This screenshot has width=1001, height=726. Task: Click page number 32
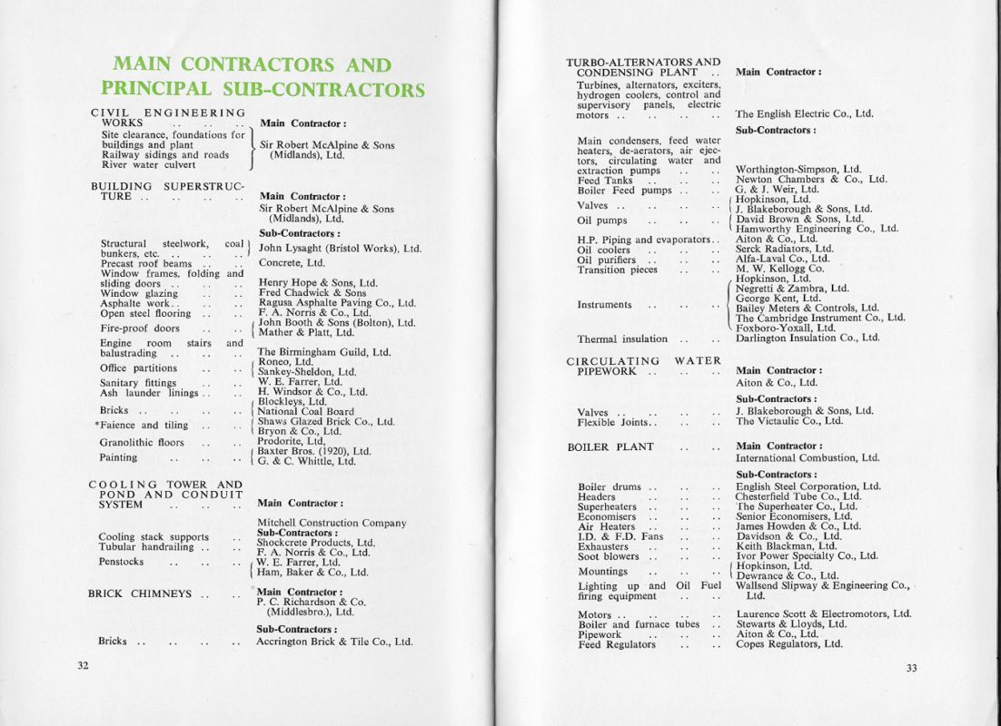[x=83, y=665]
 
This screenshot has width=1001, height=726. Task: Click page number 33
[x=911, y=669]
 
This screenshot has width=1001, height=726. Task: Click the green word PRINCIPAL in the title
[x=155, y=89]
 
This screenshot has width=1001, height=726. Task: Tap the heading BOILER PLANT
[x=610, y=447]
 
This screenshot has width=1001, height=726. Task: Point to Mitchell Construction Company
[x=332, y=523]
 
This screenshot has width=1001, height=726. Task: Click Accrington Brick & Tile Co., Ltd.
[x=334, y=642]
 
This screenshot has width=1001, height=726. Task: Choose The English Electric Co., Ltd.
[x=804, y=114]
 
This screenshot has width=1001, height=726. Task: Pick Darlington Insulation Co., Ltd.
[x=808, y=338]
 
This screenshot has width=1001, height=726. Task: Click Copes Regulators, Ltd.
[x=788, y=644]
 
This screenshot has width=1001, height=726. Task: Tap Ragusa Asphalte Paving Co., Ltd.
[x=337, y=304]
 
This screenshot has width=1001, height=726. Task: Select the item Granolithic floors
[x=142, y=443]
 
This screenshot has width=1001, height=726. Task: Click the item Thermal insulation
[x=622, y=339]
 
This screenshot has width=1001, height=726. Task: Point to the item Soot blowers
[x=609, y=557]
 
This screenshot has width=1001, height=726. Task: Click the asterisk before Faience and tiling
[x=96, y=425]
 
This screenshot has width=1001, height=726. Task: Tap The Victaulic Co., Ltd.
[x=789, y=421]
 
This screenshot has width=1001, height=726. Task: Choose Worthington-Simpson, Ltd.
[x=798, y=170]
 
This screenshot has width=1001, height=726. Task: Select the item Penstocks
[x=121, y=562]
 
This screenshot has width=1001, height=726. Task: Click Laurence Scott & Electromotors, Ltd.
[x=823, y=614]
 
